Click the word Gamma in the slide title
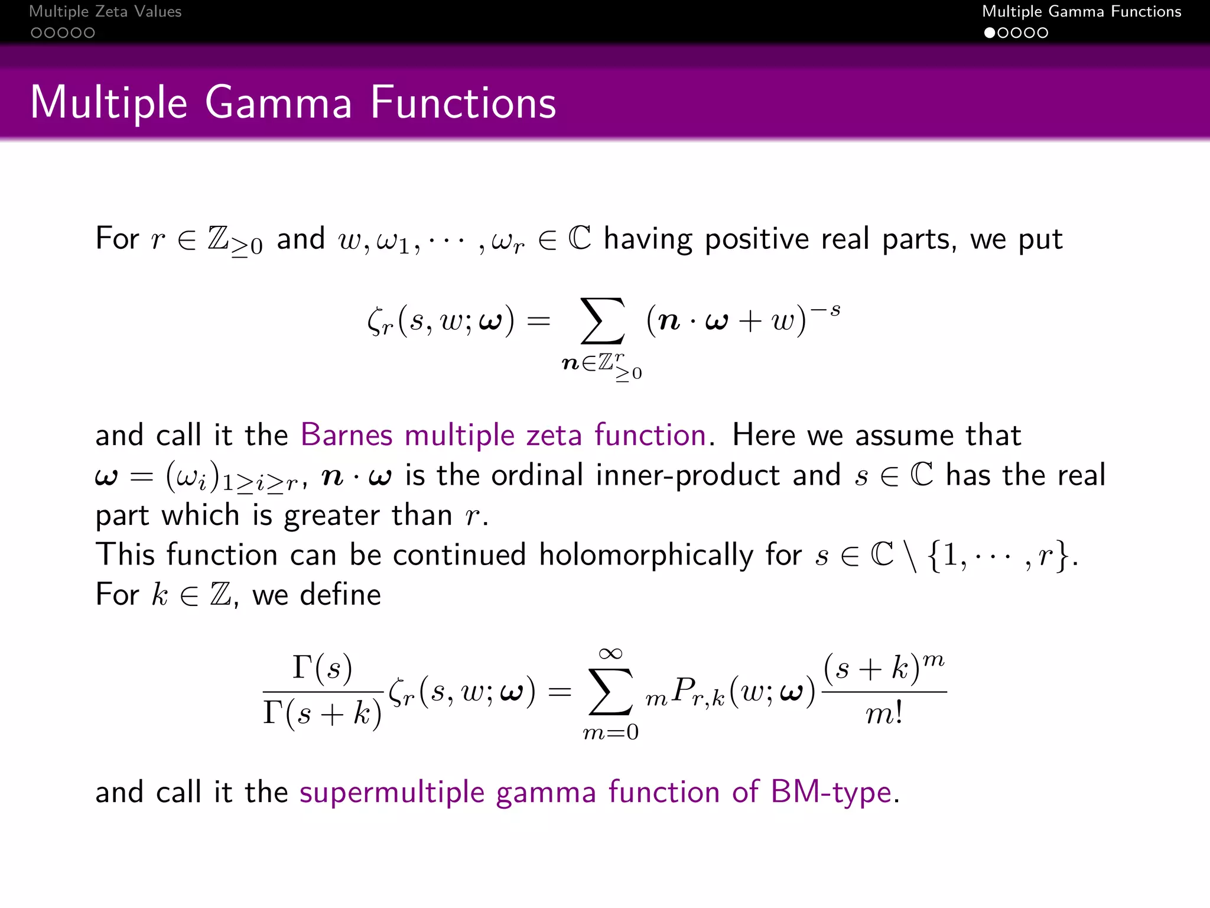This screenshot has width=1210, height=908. (278, 103)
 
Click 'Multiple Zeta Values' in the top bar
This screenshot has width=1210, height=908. (105, 11)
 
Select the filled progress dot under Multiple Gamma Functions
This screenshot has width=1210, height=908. (990, 33)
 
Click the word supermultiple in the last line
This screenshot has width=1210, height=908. (392, 792)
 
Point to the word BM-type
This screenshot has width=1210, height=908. (831, 792)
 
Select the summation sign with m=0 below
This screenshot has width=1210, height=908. (610, 692)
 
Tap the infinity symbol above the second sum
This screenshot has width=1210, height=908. (610, 653)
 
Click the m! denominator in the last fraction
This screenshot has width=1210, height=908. (884, 714)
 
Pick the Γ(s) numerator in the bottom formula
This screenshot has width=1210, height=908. (323, 668)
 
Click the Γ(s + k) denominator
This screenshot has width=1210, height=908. (323, 713)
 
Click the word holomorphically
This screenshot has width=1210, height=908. (646, 555)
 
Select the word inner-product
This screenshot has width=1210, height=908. (688, 475)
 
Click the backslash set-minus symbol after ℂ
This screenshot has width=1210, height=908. (911, 556)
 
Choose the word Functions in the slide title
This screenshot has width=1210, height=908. (463, 103)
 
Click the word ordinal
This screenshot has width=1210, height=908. (537, 475)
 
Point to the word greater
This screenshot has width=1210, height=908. (331, 515)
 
